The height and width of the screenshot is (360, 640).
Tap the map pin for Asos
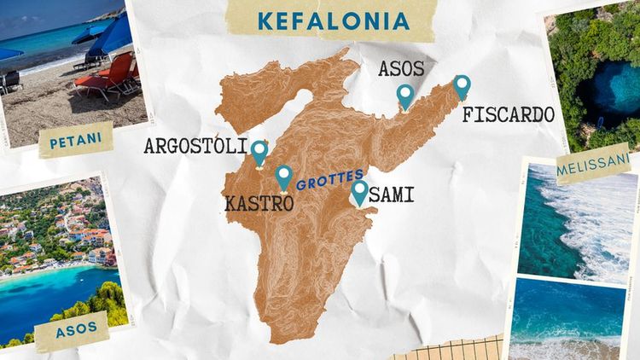click(405, 95)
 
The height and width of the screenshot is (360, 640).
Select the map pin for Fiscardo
click(462, 85)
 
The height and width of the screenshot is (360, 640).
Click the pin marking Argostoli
click(259, 151)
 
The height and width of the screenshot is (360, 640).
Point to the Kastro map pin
click(284, 176)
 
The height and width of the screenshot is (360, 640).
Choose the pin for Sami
click(360, 190)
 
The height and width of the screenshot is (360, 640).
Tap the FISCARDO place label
click(508, 115)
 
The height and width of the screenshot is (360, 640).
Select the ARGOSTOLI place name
click(195, 146)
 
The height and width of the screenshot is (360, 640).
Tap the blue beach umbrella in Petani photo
click(107, 34)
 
